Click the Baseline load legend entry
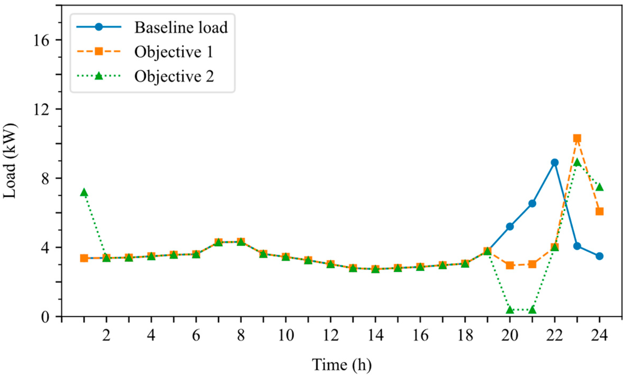pos(152,27)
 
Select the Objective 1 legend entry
pos(145,52)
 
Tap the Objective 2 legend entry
pos(145,76)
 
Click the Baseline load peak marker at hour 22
pos(554,162)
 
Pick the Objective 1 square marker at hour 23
pos(577,138)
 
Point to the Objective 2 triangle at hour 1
pos(84,192)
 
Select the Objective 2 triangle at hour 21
pos(532,310)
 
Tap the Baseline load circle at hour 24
pos(599,256)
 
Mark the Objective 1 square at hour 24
pos(599,212)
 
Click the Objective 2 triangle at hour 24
pos(599,187)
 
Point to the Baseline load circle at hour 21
pos(532,204)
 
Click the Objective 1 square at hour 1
pos(84,258)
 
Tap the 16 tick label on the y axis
pos(42,40)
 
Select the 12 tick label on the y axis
pos(42,109)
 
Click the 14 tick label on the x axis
pos(375,335)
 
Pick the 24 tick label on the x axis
pos(599,335)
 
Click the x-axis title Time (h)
pos(341,364)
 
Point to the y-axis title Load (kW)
pos(10,161)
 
